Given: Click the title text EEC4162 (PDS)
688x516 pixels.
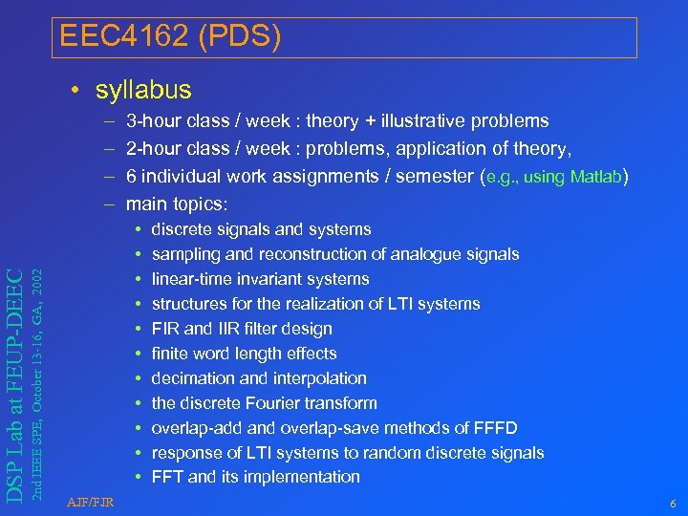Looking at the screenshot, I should coord(170,37).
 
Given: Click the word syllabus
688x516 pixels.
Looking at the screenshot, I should coord(143,91).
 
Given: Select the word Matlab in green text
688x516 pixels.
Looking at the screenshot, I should coord(595,177).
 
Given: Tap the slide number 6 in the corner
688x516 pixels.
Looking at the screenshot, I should coord(673,502).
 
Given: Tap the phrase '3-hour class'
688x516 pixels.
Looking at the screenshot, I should coord(179,121).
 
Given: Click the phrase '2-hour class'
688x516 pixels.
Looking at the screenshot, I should coord(179,148).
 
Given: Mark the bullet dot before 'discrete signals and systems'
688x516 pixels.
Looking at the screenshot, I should coord(139,229).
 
